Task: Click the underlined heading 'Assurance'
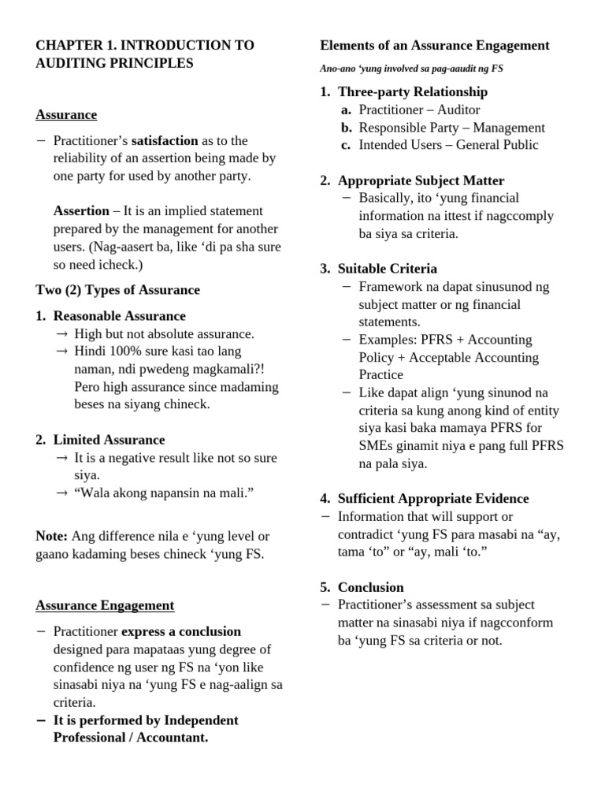coord(66,115)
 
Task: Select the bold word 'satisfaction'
coord(164,140)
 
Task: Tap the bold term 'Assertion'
coord(81,210)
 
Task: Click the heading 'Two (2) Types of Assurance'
coord(117,290)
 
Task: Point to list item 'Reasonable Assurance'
coord(119,316)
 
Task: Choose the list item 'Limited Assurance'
coord(109,440)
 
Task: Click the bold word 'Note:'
coord(52,536)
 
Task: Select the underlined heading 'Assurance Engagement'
coord(105,606)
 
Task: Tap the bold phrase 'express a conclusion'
coord(181,631)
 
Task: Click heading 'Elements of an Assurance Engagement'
coord(434,46)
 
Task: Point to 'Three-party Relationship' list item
coord(412,92)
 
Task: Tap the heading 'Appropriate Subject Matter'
coord(421,180)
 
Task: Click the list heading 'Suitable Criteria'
coord(387,269)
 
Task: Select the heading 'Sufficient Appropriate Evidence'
coord(432,499)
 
